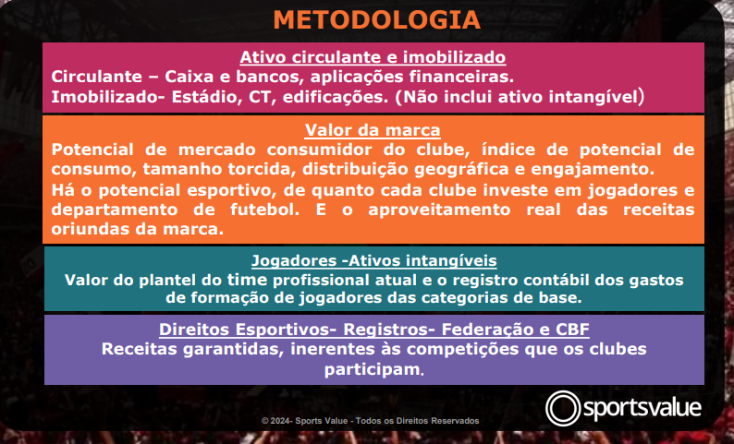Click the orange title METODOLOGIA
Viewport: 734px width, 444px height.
[377, 20]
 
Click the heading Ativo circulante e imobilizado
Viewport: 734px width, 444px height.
[373, 57]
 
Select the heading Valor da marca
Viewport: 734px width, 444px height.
[373, 130]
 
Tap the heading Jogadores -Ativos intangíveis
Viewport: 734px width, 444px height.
[374, 261]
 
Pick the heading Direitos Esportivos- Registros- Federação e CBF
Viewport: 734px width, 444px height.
[374, 330]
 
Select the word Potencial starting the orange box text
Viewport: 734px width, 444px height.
[92, 150]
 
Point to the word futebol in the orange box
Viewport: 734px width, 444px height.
[264, 210]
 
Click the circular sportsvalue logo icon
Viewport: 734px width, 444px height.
[563, 408]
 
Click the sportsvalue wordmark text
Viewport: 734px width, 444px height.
[642, 408]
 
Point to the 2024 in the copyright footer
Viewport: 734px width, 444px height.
[280, 421]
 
